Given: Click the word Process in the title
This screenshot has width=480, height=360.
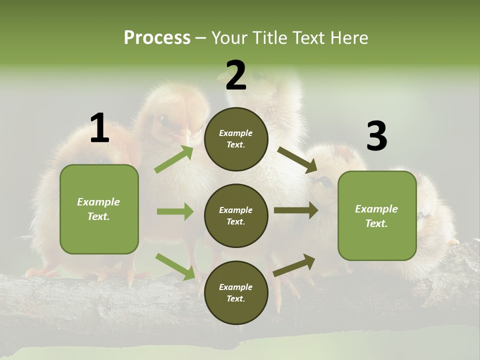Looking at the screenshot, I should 157,37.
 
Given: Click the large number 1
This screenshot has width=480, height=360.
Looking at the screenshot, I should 99,128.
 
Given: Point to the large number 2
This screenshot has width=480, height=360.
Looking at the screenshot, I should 236,76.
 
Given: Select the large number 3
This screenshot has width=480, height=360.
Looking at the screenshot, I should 376,136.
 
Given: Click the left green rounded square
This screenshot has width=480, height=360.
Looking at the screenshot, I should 99,209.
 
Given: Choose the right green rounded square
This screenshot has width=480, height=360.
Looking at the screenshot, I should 377,216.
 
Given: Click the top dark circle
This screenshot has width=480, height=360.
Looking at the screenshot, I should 236,139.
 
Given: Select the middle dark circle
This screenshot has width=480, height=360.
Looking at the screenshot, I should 236,216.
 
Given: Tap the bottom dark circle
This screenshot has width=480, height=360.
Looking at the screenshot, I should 236,293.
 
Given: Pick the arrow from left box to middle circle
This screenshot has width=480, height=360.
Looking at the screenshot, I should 175,211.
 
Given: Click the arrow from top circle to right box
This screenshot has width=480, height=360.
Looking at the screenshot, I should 297,159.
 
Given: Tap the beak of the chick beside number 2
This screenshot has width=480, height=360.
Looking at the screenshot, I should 221,77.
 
